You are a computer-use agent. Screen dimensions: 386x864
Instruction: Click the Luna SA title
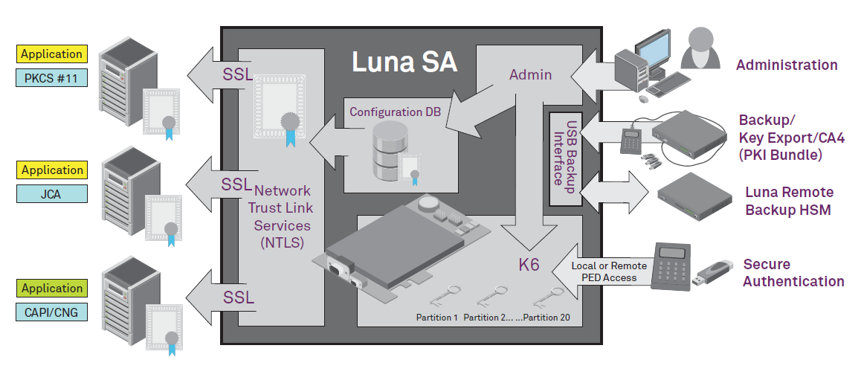pyautogui.click(x=404, y=62)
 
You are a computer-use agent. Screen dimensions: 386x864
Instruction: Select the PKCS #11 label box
pyautogui.click(x=51, y=77)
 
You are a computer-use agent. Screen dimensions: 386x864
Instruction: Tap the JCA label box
pyautogui.click(x=51, y=193)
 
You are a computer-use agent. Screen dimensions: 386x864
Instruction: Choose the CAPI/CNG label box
pyautogui.click(x=51, y=312)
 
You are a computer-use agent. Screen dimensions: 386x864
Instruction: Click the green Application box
pyautogui.click(x=51, y=289)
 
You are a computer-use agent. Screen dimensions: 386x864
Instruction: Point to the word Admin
pyautogui.click(x=530, y=74)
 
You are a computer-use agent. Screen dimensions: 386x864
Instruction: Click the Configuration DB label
pyautogui.click(x=395, y=112)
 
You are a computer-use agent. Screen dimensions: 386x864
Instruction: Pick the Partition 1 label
pyautogui.click(x=436, y=318)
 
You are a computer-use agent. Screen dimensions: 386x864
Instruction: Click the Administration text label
pyautogui.click(x=787, y=65)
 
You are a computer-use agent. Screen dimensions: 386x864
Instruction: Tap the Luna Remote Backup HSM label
pyautogui.click(x=789, y=201)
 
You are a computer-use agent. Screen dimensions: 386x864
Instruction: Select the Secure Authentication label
pyautogui.click(x=793, y=272)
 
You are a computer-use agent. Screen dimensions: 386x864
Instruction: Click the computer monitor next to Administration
pyautogui.click(x=643, y=51)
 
